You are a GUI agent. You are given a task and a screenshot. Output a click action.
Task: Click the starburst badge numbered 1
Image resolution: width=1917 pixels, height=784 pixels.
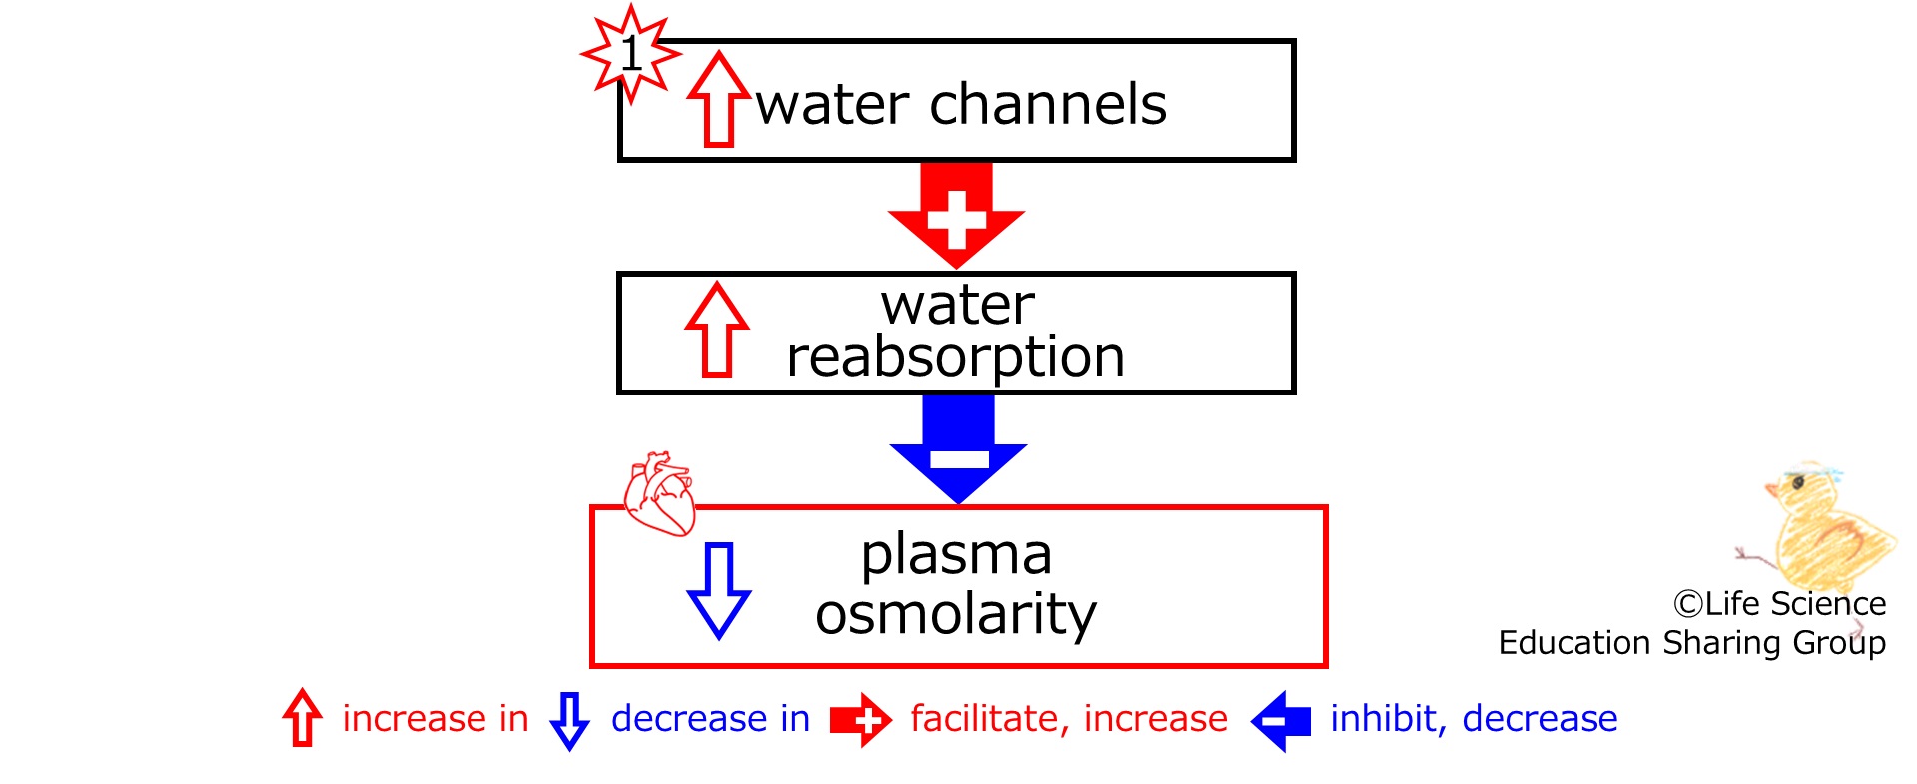pos(631,53)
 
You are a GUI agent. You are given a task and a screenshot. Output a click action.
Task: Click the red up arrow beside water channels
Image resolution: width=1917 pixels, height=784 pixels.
pos(718,99)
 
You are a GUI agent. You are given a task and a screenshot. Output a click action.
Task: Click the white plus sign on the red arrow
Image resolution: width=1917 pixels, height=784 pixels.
pos(956,219)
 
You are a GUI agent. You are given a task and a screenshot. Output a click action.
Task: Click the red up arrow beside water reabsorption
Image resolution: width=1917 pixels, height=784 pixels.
pos(717,329)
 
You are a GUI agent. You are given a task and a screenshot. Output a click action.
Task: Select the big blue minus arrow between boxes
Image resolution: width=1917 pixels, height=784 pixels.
pos(958,448)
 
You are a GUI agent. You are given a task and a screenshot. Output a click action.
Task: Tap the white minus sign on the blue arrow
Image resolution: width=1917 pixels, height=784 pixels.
pos(959,459)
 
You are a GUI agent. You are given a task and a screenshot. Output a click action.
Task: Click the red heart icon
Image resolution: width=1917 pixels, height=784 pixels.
pos(659,493)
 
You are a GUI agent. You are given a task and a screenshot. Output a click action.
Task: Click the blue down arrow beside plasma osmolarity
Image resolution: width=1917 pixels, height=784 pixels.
pos(719,590)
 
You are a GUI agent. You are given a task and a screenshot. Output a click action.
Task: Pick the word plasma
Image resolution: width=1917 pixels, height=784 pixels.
pos(956,556)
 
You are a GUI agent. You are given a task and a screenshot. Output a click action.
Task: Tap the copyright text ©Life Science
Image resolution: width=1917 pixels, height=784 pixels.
pos(1779,604)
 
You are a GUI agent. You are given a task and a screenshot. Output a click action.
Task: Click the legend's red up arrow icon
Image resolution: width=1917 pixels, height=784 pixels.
pos(302,718)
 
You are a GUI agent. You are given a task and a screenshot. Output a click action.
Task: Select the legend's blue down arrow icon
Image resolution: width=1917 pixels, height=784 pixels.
pos(569,720)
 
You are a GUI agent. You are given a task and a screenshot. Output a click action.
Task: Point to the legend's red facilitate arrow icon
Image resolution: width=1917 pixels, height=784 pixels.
pos(861,720)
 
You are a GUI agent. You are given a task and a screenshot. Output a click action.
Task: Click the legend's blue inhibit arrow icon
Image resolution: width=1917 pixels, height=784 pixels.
pos(1280,720)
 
